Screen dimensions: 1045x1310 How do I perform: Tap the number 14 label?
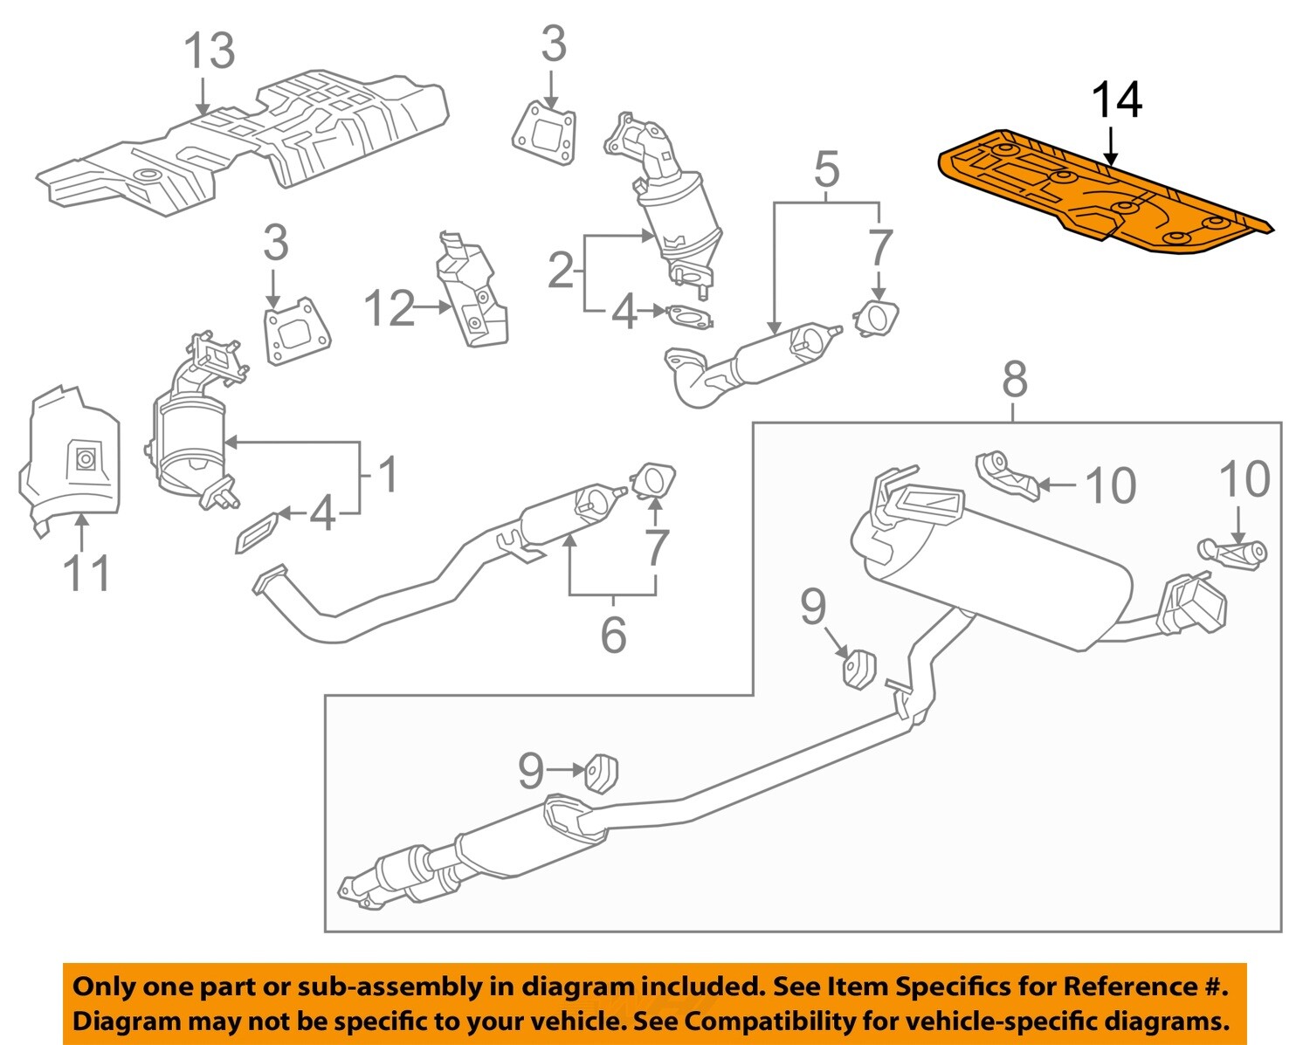[x=1116, y=100]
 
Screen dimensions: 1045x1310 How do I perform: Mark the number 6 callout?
[x=613, y=634]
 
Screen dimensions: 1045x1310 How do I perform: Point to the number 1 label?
[x=388, y=475]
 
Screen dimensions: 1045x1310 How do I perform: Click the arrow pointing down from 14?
[x=1110, y=146]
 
